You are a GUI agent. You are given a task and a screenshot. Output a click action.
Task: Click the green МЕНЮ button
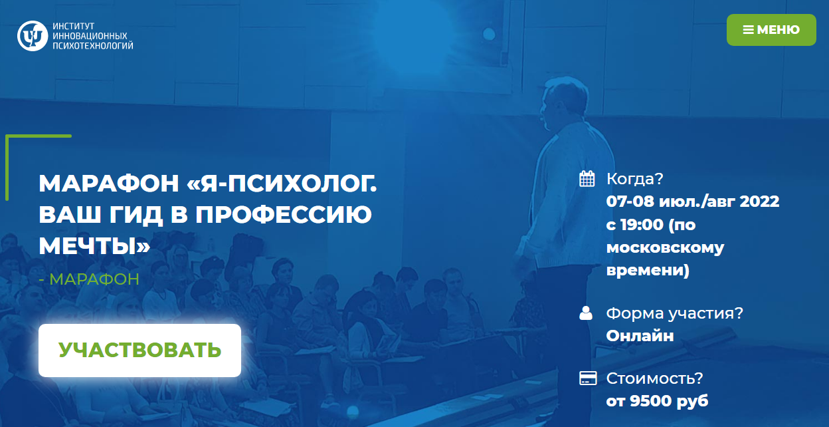click(771, 30)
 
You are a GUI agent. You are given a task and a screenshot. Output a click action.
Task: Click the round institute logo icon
click(31, 35)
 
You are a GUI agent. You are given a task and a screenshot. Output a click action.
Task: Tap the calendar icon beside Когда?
click(587, 178)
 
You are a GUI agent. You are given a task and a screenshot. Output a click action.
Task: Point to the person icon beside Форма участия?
click(586, 313)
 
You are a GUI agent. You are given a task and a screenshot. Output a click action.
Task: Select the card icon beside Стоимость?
click(587, 378)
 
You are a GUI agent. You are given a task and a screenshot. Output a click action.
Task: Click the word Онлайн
click(640, 336)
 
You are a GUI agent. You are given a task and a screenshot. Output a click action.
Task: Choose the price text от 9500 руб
click(657, 401)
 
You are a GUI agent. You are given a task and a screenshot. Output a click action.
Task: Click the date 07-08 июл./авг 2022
click(693, 202)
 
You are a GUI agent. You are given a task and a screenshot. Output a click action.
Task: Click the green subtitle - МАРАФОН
click(89, 279)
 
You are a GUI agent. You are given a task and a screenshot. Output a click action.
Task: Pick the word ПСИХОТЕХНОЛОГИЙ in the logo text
click(92, 45)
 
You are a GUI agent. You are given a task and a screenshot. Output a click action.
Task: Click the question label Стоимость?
click(654, 378)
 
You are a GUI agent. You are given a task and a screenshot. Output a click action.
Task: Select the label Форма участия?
click(674, 313)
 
